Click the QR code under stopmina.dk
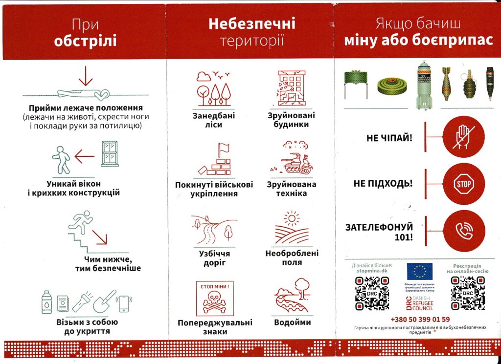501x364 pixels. coord(371,293)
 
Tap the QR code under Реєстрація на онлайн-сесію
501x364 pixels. coord(468,293)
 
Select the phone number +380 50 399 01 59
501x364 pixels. coord(421,320)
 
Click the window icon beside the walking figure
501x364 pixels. coord(110,154)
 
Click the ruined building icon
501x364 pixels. coord(292,88)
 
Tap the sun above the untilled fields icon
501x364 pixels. coord(292,217)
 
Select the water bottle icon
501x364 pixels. coord(47,302)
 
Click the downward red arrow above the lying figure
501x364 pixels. coord(86,76)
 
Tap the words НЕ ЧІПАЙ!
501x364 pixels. coord(389,138)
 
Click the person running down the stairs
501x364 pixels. coord(81,221)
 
